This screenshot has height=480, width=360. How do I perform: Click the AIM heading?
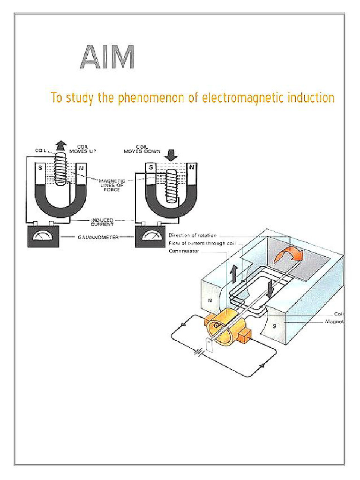tap(107, 58)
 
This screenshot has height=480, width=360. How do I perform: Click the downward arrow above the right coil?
tap(170, 155)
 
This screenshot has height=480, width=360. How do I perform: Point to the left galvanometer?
tap(43, 237)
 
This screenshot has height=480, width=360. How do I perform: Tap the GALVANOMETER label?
tap(97, 237)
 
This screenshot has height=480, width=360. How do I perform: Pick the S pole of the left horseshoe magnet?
tap(40, 168)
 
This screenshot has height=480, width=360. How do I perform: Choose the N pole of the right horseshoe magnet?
tap(191, 167)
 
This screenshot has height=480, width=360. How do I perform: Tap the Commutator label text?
tap(184, 251)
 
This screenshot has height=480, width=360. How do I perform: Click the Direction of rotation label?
tap(193, 235)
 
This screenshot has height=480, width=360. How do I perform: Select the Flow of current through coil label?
tap(202, 243)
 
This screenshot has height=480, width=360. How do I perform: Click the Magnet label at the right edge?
tap(335, 322)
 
